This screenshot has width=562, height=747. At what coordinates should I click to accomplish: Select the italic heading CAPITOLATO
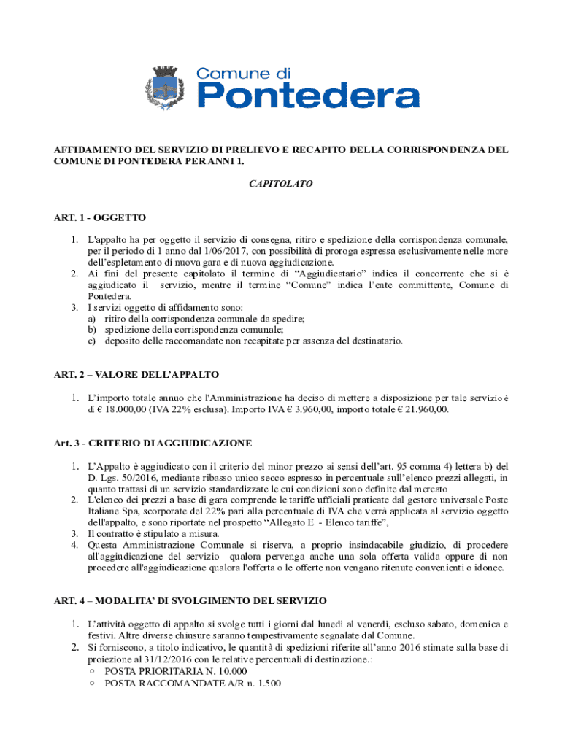281,185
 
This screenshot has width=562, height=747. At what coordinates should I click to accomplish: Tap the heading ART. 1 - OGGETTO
100,217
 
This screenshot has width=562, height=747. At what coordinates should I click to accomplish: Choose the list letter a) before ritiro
92,319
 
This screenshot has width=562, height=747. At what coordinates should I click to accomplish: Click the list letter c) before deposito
92,341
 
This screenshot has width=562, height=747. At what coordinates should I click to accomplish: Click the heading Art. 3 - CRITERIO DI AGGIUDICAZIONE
153,443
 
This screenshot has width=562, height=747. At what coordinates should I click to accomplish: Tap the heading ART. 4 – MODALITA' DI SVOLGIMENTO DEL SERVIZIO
190,600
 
